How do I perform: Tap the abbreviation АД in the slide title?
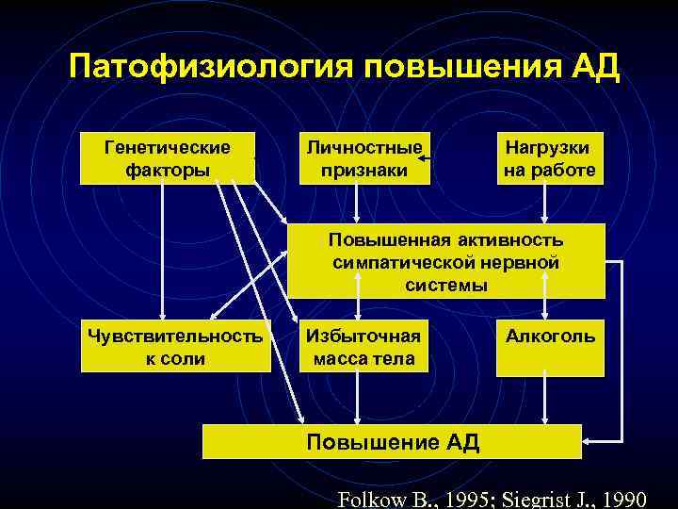[595, 69]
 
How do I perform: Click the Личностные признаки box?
[363, 158]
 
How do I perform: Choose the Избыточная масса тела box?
[363, 347]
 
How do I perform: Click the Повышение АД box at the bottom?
[393, 442]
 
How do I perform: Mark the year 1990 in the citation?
[633, 498]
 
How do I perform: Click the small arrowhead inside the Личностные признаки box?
[424, 159]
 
